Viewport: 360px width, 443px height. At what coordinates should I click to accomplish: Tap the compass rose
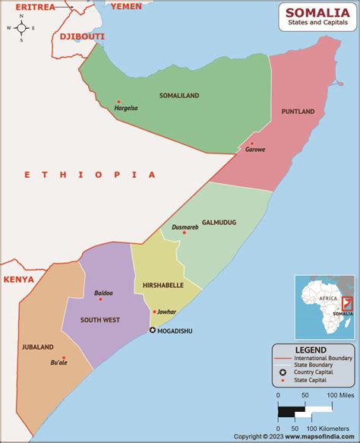(22, 28)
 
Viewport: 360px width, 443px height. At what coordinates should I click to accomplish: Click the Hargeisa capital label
(126, 108)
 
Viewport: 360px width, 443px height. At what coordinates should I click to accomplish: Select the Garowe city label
(255, 150)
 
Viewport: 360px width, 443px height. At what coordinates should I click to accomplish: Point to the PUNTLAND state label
(298, 112)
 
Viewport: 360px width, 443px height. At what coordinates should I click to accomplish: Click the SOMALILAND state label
(179, 96)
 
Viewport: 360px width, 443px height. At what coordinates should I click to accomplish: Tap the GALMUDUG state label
(219, 223)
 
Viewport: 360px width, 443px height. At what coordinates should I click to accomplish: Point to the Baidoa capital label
(103, 293)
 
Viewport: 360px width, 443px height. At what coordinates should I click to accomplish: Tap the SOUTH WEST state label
(100, 320)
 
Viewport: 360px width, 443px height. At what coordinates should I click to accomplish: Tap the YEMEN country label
(126, 6)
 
